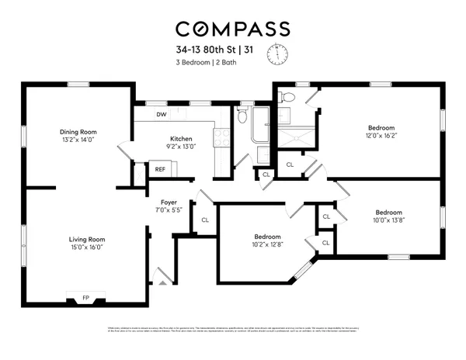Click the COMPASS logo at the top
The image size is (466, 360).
point(232,29)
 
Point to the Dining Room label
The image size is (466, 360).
point(77,131)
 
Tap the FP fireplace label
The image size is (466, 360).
point(85,298)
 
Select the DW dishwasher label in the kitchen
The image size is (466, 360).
point(161,115)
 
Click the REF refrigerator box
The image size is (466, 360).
point(160,168)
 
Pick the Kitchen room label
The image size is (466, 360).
point(181,139)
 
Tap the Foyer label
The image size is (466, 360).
point(169,202)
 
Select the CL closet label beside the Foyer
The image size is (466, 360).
point(205,220)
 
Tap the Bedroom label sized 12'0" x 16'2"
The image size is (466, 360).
point(381,127)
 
